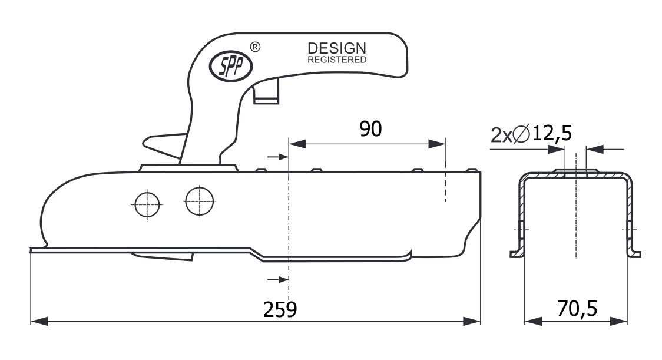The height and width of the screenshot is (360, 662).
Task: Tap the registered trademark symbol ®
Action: point(255,47)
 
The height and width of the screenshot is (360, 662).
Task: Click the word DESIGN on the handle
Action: point(336,48)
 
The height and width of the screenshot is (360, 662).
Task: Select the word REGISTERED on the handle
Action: point(336,60)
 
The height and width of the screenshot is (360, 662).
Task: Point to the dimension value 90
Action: point(370,129)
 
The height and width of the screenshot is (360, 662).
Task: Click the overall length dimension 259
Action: point(280,310)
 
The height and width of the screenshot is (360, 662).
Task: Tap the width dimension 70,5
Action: point(577,309)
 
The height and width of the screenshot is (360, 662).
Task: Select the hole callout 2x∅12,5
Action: point(531,134)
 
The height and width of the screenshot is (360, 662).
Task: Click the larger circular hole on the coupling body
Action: point(199,201)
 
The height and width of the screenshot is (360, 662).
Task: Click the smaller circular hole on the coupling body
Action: point(147,204)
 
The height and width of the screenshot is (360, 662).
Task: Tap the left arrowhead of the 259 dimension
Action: point(39,321)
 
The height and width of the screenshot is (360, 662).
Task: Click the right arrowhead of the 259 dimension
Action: point(472,321)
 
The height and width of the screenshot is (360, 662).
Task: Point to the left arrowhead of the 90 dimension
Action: point(297,144)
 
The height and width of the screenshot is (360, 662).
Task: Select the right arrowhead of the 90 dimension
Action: point(436,144)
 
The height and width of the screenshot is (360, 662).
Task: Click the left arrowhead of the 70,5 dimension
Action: point(533,321)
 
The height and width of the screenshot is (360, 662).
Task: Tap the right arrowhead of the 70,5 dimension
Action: point(618,321)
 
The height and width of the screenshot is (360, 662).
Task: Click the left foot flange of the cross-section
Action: point(517,254)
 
